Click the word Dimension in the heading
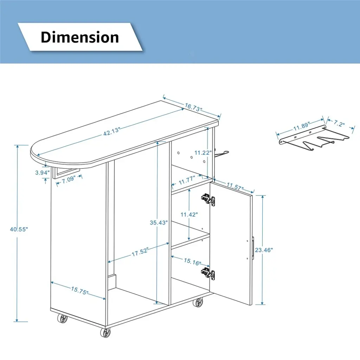(x=80, y=37)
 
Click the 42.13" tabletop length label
(x=111, y=131)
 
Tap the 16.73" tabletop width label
(x=194, y=107)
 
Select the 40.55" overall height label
(x=19, y=229)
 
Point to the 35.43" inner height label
(x=159, y=223)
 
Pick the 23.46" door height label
(x=264, y=250)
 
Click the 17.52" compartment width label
(x=140, y=252)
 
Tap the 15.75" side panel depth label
(x=79, y=290)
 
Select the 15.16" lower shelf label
(x=192, y=261)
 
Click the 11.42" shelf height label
(x=189, y=214)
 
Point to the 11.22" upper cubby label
(x=203, y=153)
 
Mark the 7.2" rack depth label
(x=339, y=123)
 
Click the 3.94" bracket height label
(x=42, y=172)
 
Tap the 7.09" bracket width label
(x=69, y=179)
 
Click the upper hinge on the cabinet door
(x=208, y=200)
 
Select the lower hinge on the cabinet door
(x=208, y=273)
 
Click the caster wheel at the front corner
(x=105, y=332)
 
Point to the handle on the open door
(x=253, y=248)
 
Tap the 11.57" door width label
(x=235, y=186)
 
